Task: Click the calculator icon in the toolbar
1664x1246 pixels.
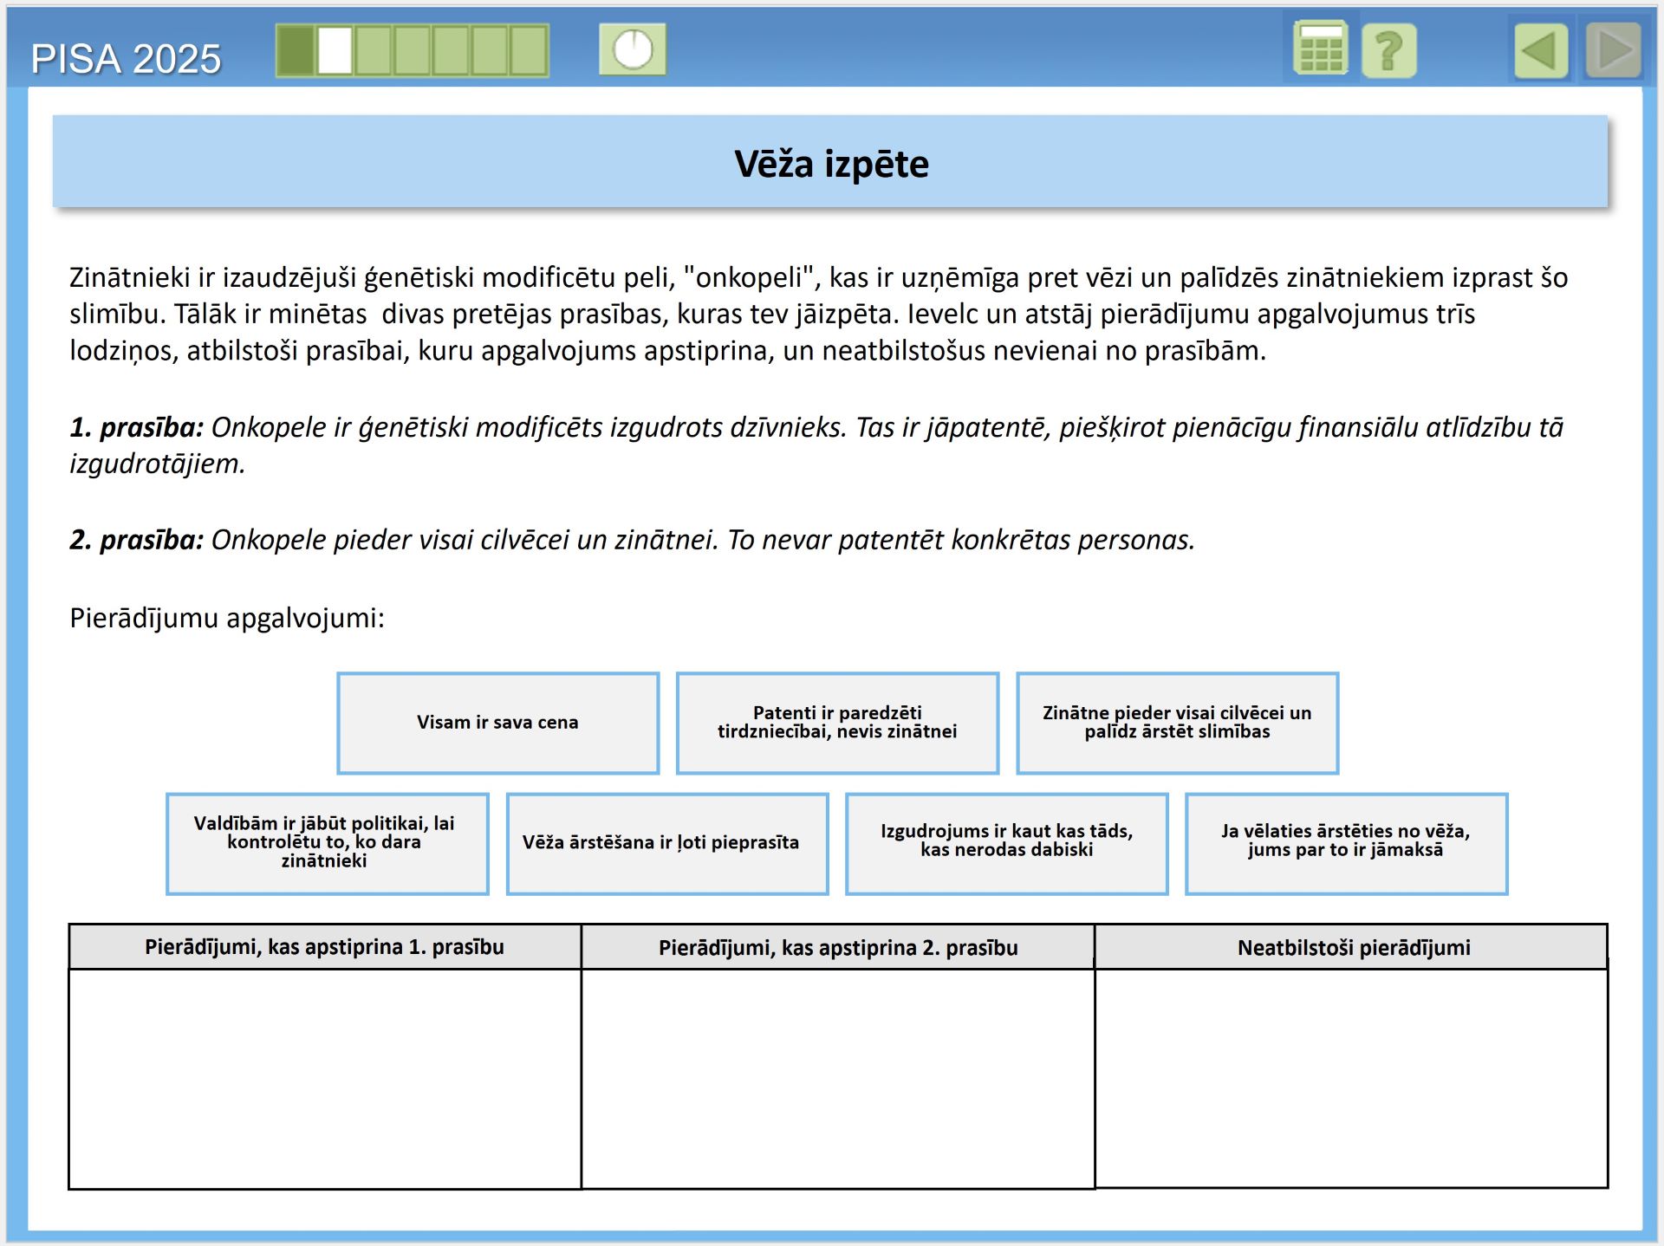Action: (x=1319, y=49)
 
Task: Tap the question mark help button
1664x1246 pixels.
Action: (x=1388, y=50)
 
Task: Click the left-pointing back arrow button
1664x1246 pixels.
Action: (x=1541, y=50)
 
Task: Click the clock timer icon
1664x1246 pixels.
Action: (x=633, y=49)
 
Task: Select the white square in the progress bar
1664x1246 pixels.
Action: (x=335, y=50)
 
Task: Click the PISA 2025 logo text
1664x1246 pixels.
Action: (x=126, y=59)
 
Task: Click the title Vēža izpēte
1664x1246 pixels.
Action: (x=831, y=164)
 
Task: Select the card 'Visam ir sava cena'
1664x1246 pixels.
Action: (x=497, y=723)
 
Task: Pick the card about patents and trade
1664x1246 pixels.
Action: (x=837, y=723)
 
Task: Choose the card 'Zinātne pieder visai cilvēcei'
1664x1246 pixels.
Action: (x=1177, y=723)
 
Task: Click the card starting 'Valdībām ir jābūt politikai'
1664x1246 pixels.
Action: (x=327, y=842)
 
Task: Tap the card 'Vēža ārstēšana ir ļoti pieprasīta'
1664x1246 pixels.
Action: (x=666, y=842)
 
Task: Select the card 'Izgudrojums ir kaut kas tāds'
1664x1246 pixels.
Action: (x=1006, y=842)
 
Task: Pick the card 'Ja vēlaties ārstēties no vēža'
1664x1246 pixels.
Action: (x=1346, y=842)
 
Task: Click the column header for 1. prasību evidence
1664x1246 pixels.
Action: (x=324, y=947)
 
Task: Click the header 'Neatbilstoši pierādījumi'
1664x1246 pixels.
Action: (x=1353, y=947)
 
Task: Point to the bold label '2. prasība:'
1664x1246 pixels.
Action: (x=136, y=540)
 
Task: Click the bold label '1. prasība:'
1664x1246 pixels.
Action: (x=136, y=427)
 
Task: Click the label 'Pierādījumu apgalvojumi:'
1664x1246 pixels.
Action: (x=227, y=618)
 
